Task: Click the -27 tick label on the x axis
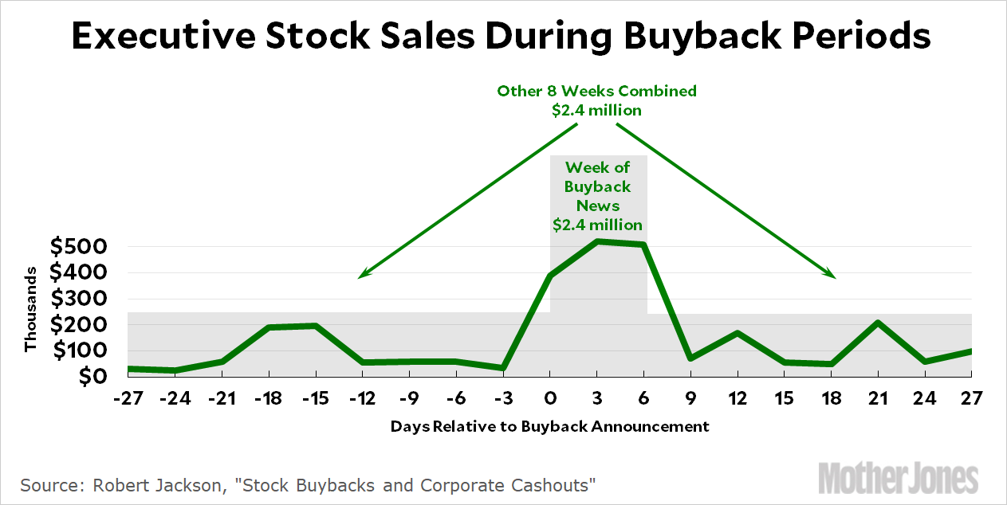[128, 397]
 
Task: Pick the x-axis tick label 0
[550, 397]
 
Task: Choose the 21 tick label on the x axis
[878, 397]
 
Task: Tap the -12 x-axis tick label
[363, 397]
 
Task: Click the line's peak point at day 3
[597, 241]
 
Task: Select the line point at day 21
[878, 323]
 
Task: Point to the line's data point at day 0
[550, 276]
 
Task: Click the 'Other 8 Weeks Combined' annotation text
[597, 91]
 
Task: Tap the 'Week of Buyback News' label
[598, 186]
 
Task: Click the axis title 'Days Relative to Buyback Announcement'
[549, 426]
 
